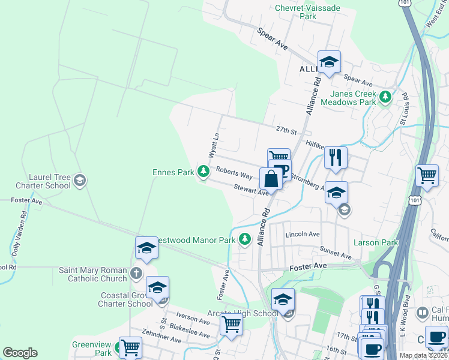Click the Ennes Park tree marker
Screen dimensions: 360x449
203,172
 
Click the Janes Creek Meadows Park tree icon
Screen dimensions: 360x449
385,96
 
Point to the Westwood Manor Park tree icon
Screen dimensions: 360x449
244,239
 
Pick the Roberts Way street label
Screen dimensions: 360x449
234,173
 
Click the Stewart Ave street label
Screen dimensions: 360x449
250,190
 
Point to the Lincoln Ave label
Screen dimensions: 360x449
303,234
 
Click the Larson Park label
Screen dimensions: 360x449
376,242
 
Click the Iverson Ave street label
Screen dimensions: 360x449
193,317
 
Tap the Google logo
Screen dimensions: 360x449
20,352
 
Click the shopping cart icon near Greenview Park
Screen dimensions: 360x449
130,346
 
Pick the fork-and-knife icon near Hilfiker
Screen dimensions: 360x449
336,157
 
